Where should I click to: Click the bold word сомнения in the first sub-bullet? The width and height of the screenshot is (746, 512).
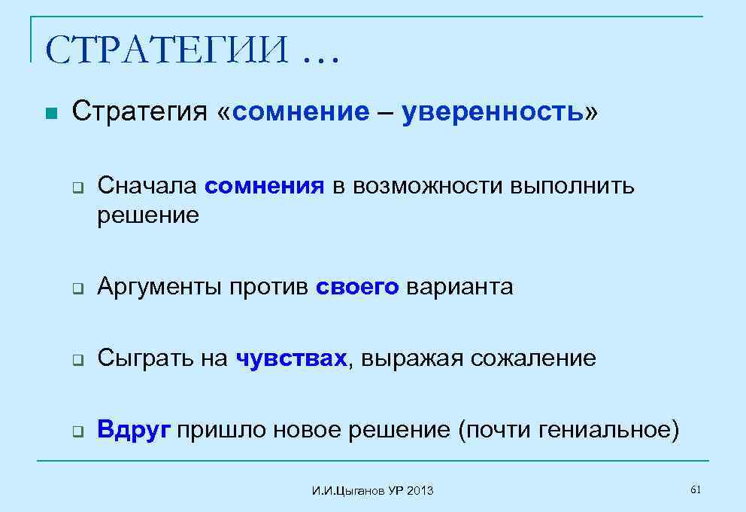click(264, 185)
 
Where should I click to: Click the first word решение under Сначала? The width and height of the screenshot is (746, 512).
click(148, 216)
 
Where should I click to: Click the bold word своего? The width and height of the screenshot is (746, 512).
click(357, 287)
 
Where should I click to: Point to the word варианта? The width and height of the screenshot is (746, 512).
click(459, 287)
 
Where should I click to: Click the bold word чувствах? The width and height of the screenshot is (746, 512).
click(292, 358)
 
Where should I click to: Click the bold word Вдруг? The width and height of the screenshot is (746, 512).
click(134, 430)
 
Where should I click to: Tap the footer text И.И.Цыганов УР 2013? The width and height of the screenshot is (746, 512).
click(372, 491)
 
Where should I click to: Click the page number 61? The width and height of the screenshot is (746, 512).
click(695, 490)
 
